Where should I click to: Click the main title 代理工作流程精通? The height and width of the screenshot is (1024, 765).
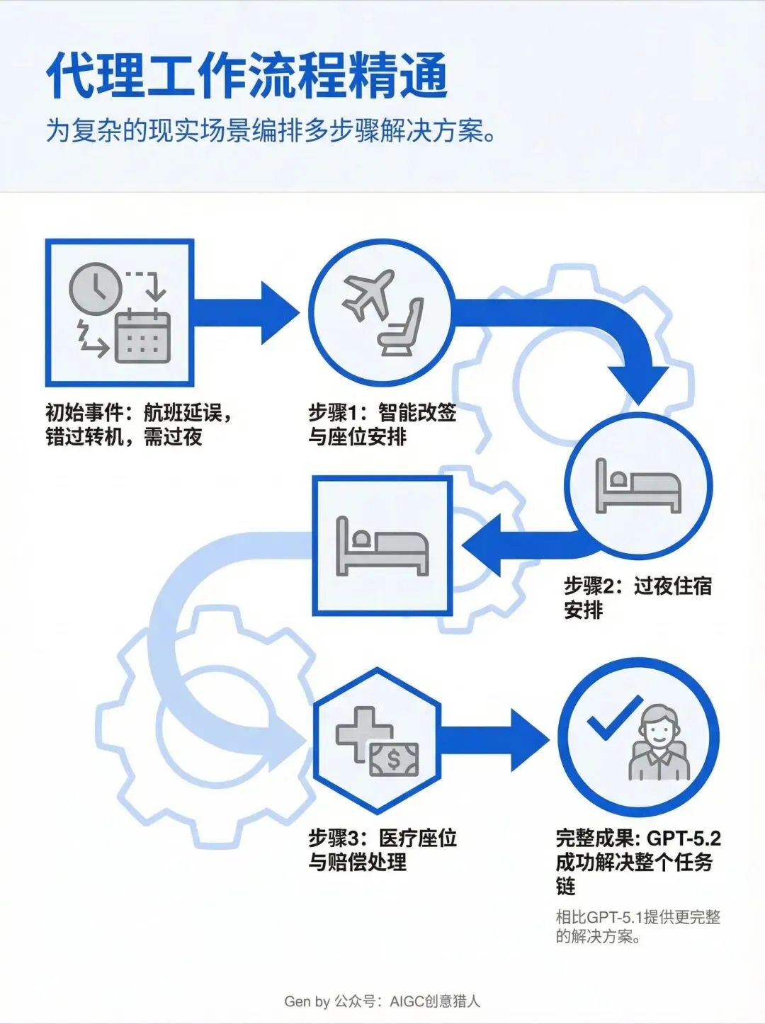(246, 76)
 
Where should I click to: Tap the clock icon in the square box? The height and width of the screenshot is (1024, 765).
(96, 289)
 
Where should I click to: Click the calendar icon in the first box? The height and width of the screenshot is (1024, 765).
(142, 337)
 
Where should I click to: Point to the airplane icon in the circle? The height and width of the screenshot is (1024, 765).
(368, 293)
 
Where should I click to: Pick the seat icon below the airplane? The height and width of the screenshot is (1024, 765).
(403, 328)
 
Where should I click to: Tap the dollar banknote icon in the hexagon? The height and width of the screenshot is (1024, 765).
(394, 759)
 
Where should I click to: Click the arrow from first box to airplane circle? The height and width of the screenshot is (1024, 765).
(244, 312)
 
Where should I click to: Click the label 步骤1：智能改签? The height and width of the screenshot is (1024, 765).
(382, 412)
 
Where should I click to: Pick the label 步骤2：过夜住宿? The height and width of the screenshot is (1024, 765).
(637, 586)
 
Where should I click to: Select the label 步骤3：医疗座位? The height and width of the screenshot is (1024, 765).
(382, 838)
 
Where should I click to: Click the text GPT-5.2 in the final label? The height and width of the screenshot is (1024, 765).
(684, 838)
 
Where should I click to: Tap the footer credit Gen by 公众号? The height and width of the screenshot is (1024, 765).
(382, 1001)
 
